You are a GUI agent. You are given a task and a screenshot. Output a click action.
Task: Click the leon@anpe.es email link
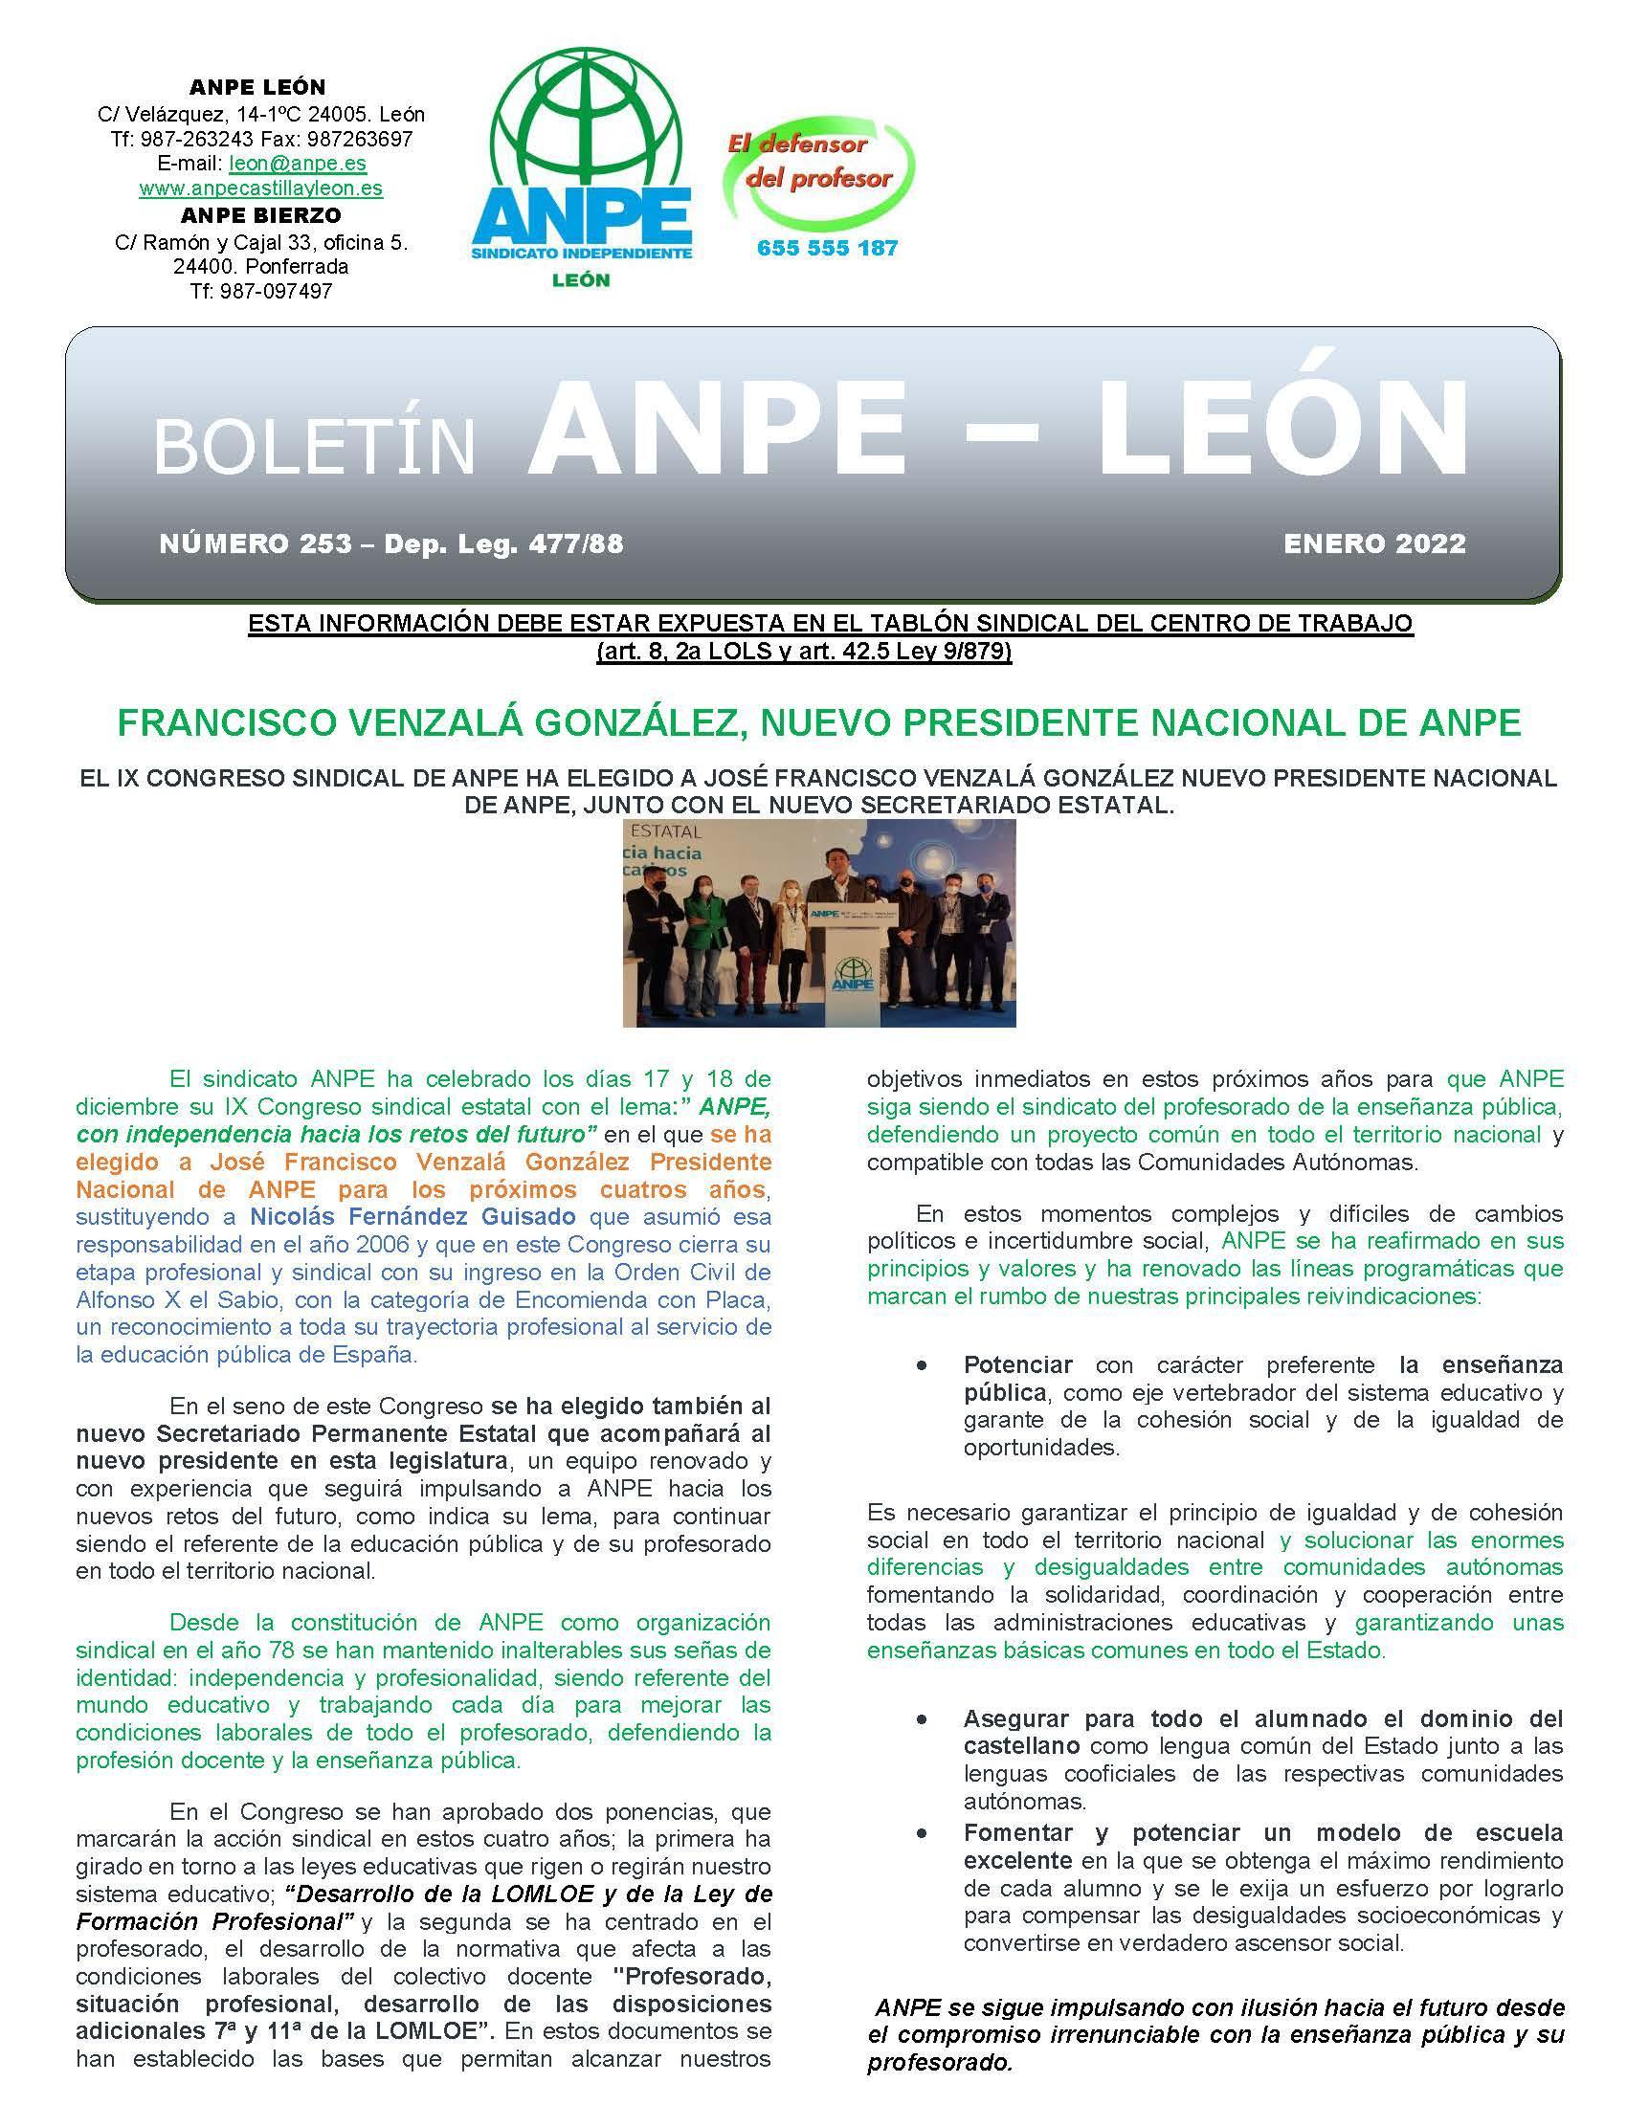point(297,164)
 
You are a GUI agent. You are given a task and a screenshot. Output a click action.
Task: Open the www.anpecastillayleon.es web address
point(260,188)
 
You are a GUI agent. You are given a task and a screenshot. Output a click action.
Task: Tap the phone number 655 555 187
point(827,249)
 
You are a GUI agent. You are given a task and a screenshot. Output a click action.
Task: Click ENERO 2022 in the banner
point(1373,543)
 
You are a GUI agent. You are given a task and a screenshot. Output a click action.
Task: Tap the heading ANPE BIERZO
point(260,215)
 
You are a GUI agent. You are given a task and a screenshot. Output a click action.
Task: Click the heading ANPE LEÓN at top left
point(257,88)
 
